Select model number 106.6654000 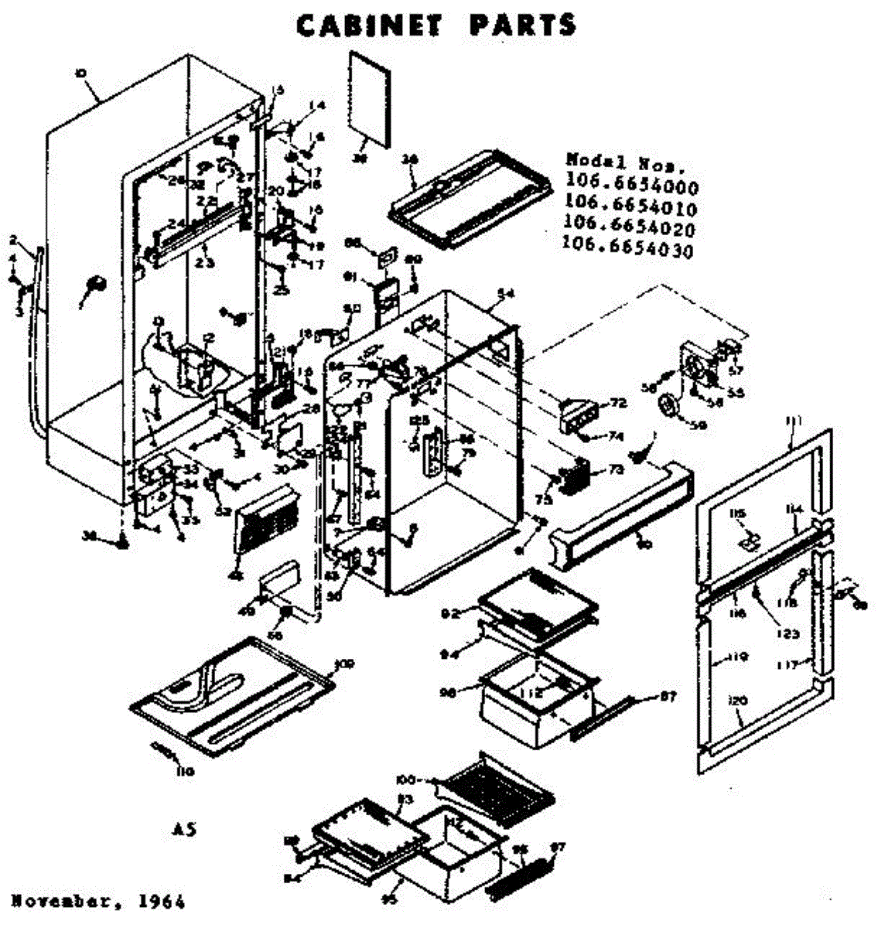click(631, 187)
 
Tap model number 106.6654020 click(630, 229)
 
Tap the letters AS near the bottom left click(183, 830)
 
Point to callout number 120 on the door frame click(737, 701)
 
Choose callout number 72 click(617, 404)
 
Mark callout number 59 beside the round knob click(699, 424)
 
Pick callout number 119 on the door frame click(737, 658)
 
